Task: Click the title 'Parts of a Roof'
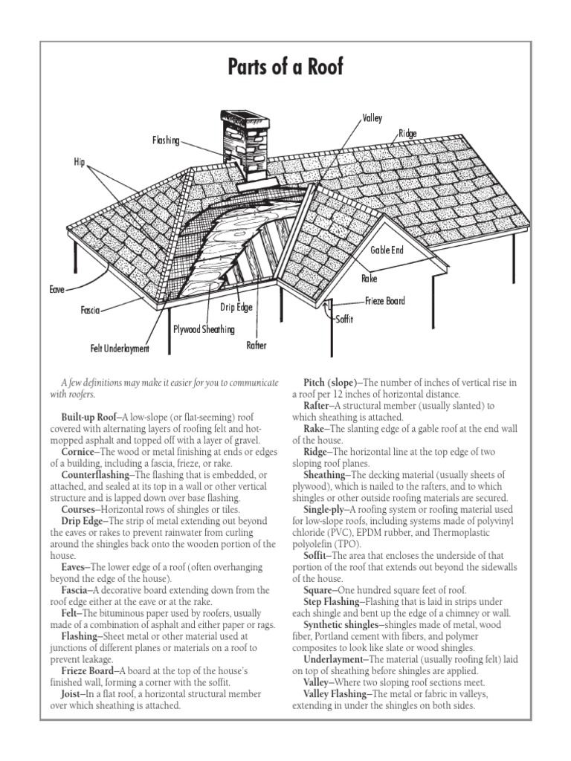coord(285,68)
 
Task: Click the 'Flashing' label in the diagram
coord(166,140)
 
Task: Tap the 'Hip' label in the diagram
coord(80,161)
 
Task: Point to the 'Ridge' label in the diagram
coord(407,134)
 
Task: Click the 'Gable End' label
coord(387,250)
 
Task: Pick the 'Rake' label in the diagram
coord(370,279)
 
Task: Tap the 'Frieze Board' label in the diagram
coord(385,301)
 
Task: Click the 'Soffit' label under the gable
coord(344,319)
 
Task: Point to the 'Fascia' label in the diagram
coord(90,309)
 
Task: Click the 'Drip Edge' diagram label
coord(236,307)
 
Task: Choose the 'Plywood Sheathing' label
coord(204,328)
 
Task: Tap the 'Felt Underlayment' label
coord(120,348)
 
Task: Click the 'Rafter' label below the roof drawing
coord(256,346)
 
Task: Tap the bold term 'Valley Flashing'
coord(336,693)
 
